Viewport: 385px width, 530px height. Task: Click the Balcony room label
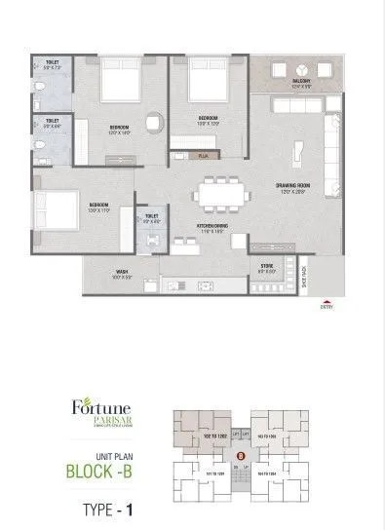click(300, 85)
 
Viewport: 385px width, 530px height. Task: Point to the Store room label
click(267, 264)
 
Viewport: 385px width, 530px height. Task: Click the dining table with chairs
click(219, 193)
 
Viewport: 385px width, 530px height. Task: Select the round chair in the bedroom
click(153, 124)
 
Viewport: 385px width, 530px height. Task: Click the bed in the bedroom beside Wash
click(55, 208)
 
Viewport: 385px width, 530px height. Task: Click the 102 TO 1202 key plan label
click(214, 436)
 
